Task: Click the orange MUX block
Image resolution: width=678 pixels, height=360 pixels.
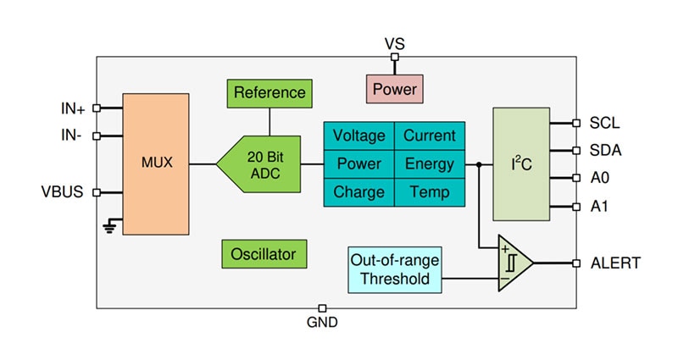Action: pyautogui.click(x=156, y=163)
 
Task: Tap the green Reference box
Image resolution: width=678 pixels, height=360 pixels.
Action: pyautogui.click(x=270, y=92)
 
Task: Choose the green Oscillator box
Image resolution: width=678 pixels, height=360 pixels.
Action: pyautogui.click(x=264, y=252)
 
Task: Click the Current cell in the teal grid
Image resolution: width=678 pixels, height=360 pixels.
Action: pyautogui.click(x=429, y=136)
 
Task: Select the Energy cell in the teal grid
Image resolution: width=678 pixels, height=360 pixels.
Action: pyautogui.click(x=429, y=163)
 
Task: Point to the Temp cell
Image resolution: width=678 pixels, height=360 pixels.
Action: pyautogui.click(x=429, y=191)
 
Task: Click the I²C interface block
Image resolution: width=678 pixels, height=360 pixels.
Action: pyautogui.click(x=520, y=164)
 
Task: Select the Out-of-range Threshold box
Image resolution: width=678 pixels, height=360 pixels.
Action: pyautogui.click(x=395, y=269)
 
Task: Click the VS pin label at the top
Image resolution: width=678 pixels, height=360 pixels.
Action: pyautogui.click(x=395, y=43)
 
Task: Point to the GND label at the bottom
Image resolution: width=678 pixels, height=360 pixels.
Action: pyautogui.click(x=322, y=322)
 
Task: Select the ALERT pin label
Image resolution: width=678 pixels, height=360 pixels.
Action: pyautogui.click(x=615, y=263)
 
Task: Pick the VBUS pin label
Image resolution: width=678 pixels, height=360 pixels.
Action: pyautogui.click(x=62, y=191)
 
